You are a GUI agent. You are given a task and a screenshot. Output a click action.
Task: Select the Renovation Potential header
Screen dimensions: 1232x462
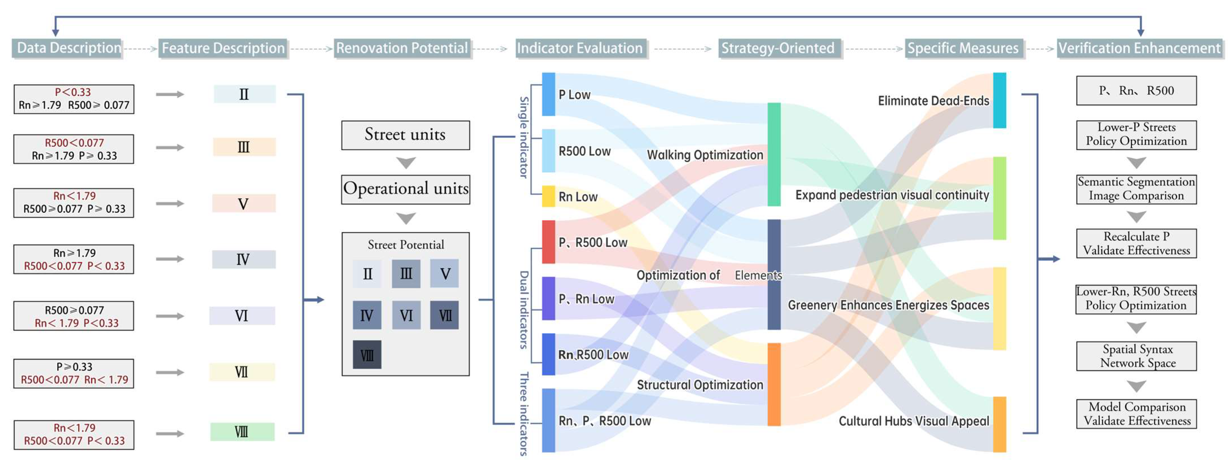click(x=402, y=48)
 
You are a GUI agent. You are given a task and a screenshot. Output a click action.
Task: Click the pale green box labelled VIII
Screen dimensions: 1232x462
click(x=242, y=432)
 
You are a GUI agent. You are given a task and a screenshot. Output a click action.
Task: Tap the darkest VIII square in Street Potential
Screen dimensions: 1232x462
click(x=367, y=355)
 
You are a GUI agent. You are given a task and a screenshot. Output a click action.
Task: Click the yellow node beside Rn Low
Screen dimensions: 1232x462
click(x=548, y=196)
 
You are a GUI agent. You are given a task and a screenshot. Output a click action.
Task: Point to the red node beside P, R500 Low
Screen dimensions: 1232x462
click(x=548, y=242)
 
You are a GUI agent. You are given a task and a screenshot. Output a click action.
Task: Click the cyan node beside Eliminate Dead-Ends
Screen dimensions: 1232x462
click(x=999, y=100)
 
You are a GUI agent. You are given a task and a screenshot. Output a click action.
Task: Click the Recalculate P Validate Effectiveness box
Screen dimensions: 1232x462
click(x=1136, y=244)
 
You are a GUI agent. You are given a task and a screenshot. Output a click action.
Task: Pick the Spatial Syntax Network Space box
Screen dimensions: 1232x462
click(x=1136, y=356)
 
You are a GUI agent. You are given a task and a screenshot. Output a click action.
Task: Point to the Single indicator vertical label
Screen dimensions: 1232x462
click(x=524, y=137)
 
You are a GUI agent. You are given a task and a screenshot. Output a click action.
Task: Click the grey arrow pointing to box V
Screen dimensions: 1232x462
click(x=170, y=203)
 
